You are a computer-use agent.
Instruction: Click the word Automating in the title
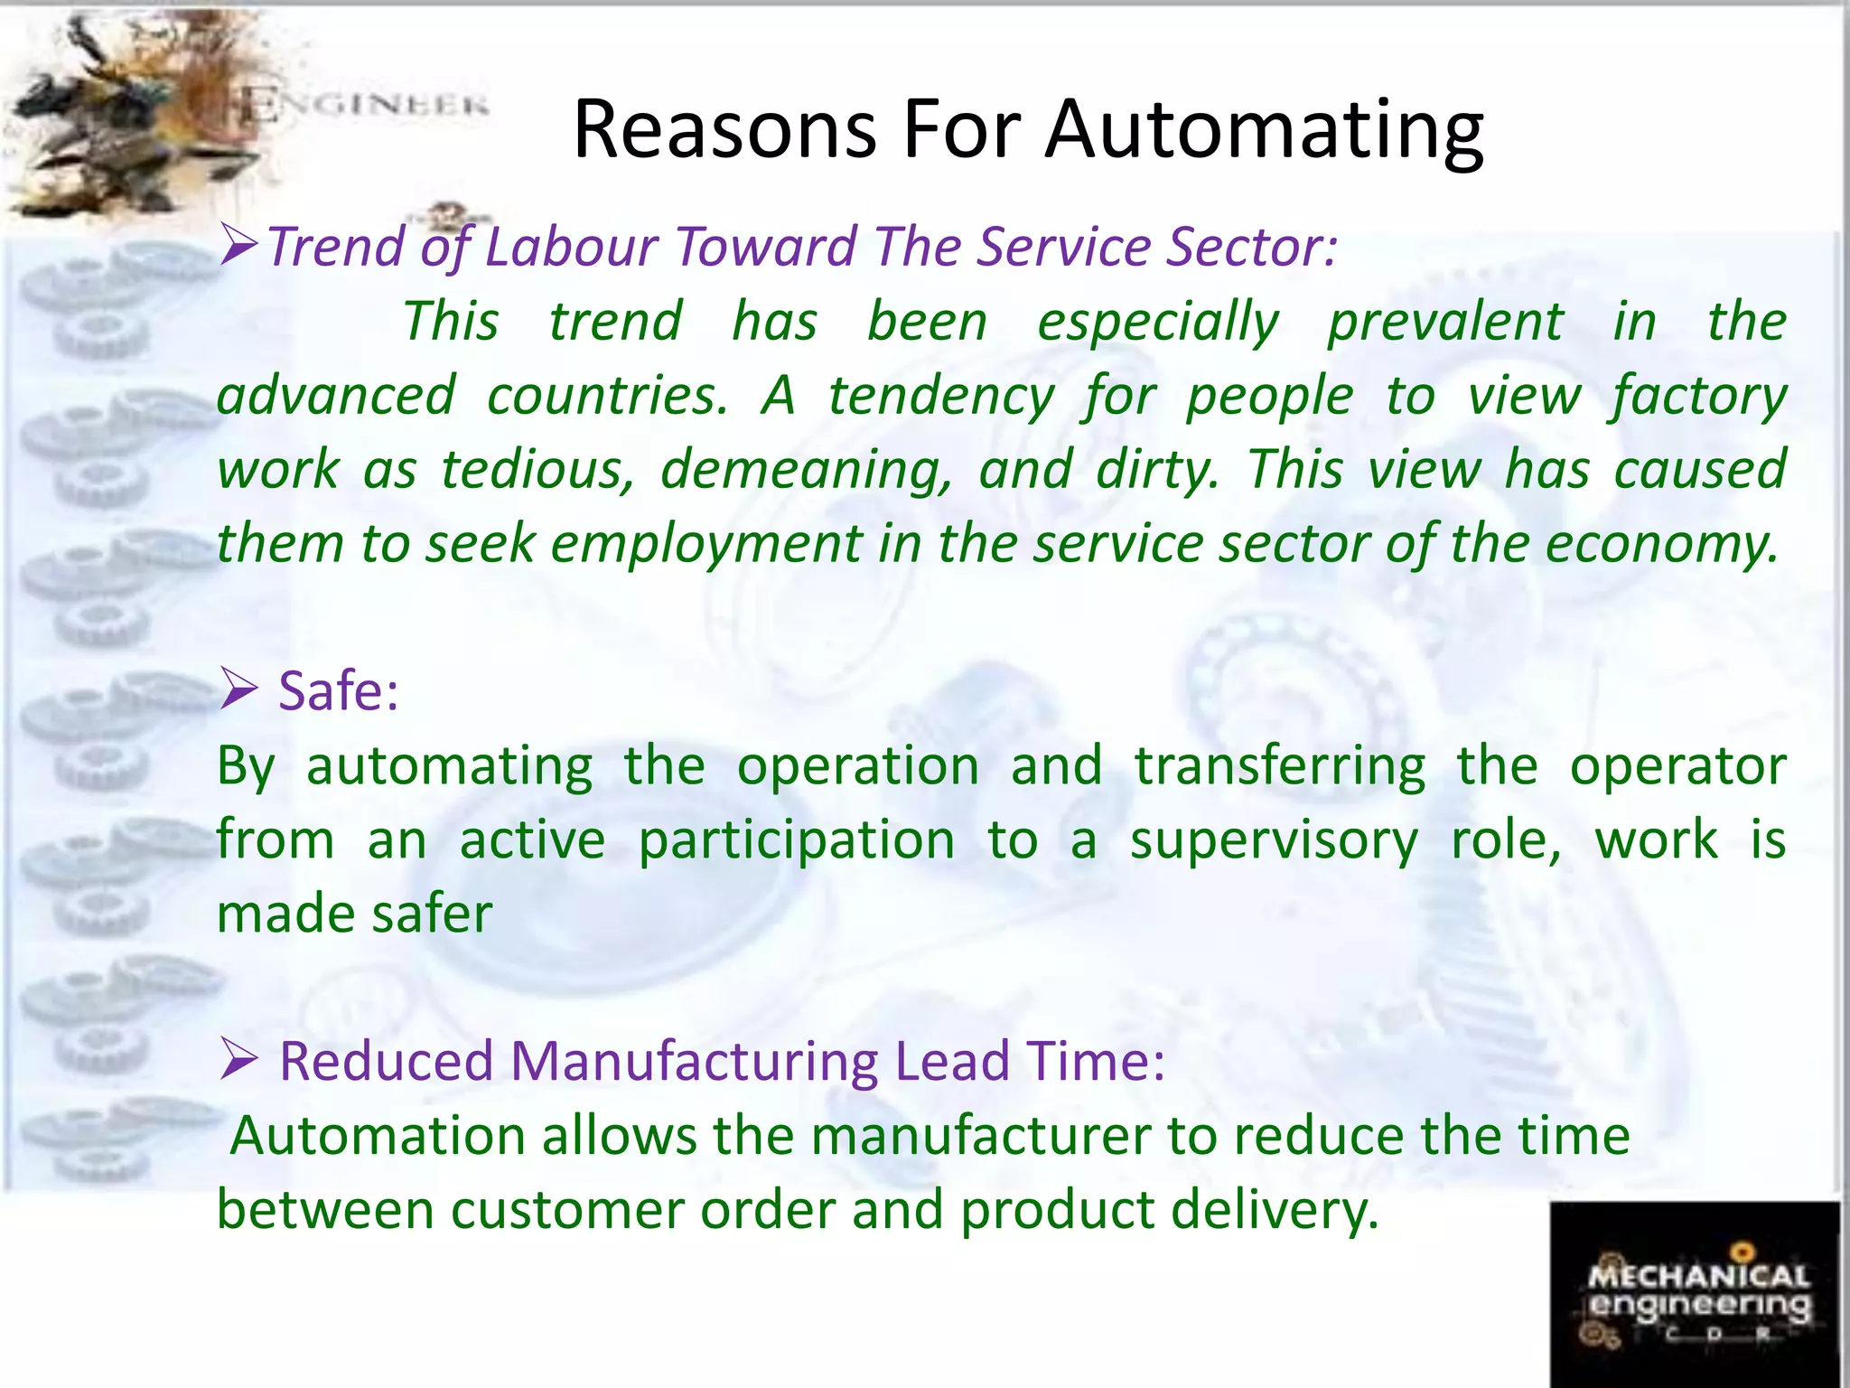coord(1264,131)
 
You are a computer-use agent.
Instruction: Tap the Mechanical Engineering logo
coord(1696,1295)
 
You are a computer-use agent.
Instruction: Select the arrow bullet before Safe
coord(239,692)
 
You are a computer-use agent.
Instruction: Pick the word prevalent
coord(1445,323)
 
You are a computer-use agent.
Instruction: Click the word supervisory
coord(1274,841)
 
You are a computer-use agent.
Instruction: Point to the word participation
coord(797,841)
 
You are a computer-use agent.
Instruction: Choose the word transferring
coord(1280,767)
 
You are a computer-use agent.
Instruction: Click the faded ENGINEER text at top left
coord(366,106)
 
